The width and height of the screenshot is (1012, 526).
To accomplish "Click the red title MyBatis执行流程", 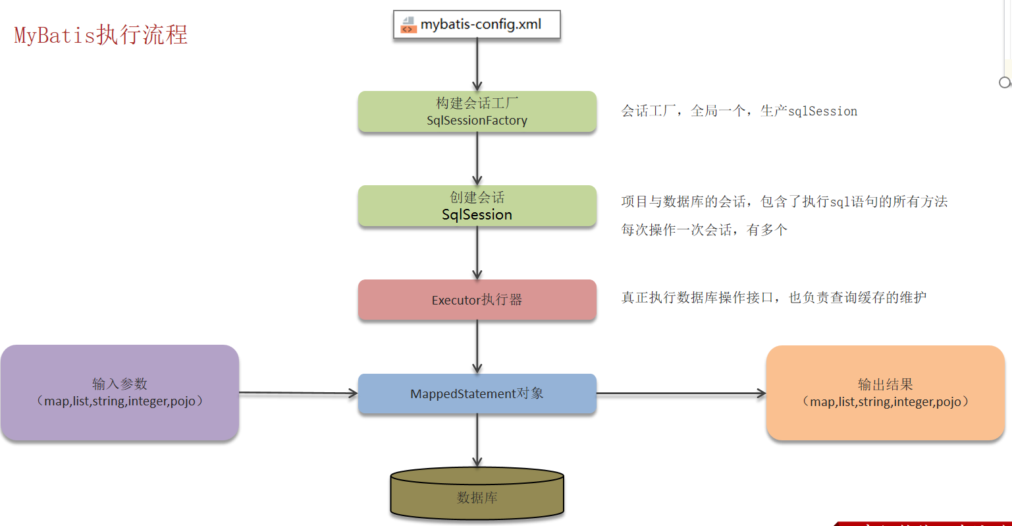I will tap(101, 34).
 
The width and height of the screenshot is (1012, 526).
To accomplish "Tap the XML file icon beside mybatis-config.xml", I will tap(408, 25).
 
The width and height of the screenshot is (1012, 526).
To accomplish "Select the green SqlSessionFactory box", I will tap(477, 111).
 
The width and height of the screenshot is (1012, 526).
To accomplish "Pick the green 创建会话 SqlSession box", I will tap(477, 206).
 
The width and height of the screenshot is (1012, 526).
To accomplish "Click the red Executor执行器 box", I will tap(477, 300).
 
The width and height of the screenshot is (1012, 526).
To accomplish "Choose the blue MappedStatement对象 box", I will tap(477, 394).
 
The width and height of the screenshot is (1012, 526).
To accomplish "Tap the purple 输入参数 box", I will tap(119, 392).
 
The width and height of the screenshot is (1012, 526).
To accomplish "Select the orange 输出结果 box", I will tap(885, 393).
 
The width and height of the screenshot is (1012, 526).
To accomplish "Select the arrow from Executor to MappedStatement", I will tap(477, 347).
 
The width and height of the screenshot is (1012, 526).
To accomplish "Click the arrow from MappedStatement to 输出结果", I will tap(681, 394).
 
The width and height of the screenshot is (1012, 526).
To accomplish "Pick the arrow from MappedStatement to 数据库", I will tap(477, 440).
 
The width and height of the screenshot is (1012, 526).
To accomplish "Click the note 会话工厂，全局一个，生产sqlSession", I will tap(739, 111).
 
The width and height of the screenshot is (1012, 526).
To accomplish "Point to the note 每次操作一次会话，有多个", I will tap(704, 229).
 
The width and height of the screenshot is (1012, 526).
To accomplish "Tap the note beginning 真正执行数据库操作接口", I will tap(773, 297).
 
